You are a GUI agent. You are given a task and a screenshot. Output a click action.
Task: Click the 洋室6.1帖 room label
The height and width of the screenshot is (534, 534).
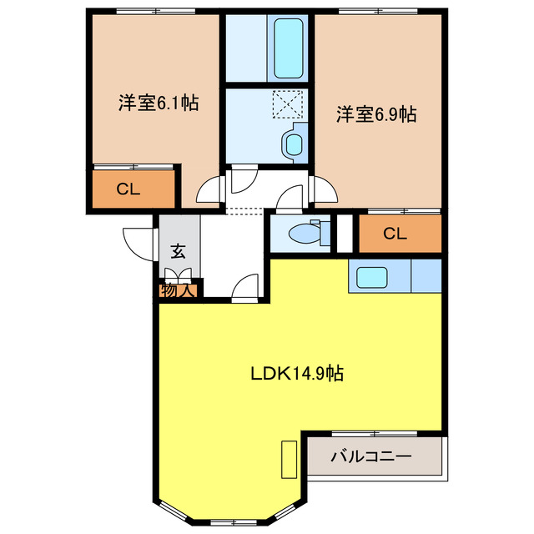coord(157,103)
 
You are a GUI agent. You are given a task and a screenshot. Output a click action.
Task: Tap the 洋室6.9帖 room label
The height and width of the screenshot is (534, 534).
coord(376,115)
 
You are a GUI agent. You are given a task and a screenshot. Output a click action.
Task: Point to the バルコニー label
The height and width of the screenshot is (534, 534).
coord(370,457)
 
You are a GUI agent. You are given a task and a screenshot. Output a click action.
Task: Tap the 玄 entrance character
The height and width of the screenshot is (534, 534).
coord(179,251)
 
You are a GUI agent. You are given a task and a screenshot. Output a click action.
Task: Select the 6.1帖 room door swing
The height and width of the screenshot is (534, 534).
coord(210,191)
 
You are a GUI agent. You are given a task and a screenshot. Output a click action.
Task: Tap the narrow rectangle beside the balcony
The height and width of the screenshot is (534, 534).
coord(290,459)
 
